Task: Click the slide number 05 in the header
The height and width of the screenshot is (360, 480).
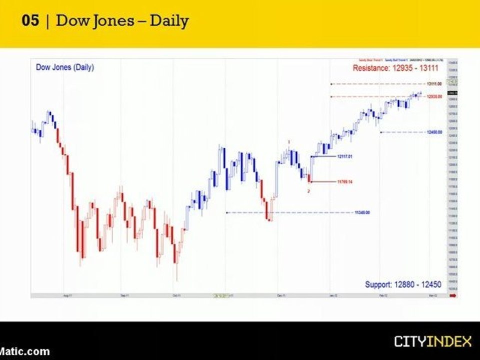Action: point(30,21)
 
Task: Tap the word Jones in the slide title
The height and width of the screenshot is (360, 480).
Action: point(113,21)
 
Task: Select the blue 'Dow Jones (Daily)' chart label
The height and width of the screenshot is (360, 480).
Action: point(65,67)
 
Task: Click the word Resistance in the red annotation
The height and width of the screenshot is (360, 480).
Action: point(370,68)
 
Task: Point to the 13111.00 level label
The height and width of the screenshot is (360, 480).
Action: point(434,84)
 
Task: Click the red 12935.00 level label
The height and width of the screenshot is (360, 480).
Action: point(434,96)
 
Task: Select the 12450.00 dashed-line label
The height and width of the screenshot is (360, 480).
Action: point(434,132)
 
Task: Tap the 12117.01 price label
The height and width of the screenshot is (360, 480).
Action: point(345,156)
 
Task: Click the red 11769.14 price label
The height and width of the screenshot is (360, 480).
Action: point(345,181)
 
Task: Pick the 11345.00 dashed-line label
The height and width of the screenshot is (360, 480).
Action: point(362,212)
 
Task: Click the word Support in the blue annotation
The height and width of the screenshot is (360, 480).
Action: point(378,284)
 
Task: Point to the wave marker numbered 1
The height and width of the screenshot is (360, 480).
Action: point(289,142)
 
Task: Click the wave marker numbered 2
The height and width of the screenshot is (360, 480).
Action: point(308,191)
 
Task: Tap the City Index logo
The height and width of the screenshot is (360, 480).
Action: point(432,342)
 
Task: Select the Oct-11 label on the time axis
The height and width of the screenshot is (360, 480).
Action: point(176,295)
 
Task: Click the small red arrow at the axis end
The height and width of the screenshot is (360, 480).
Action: point(453,295)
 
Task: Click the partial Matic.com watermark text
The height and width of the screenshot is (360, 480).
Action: point(25,351)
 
